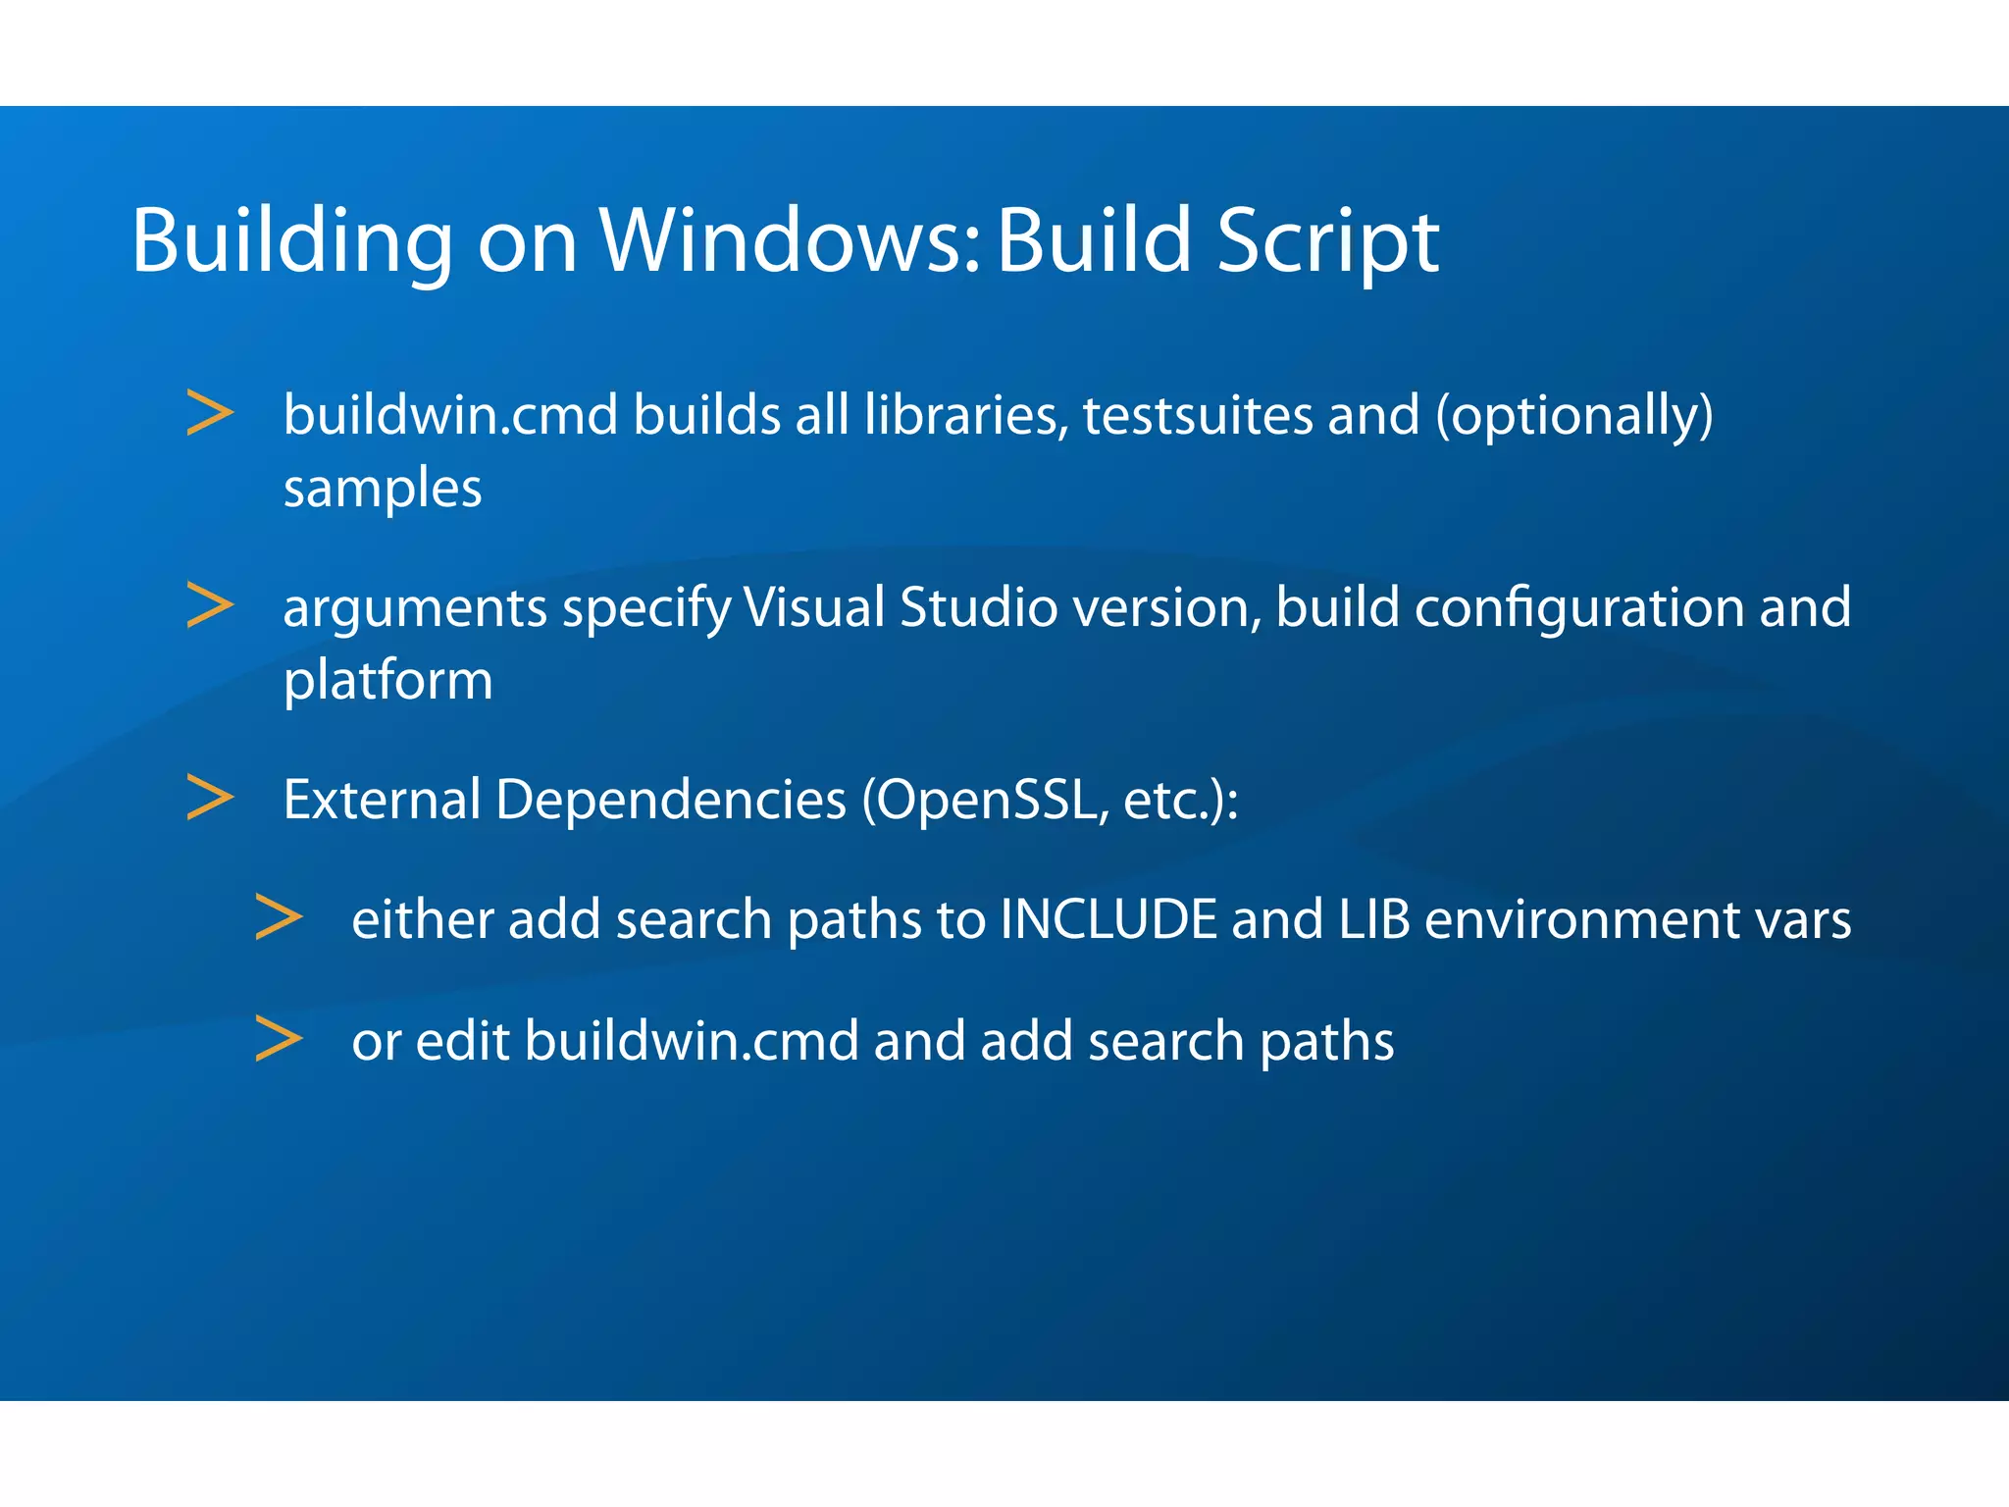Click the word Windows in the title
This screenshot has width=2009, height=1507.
(x=790, y=240)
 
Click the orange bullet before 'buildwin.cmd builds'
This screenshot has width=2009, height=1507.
(x=210, y=413)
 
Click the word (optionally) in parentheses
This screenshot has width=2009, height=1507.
(x=1574, y=416)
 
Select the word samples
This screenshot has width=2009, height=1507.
(x=383, y=488)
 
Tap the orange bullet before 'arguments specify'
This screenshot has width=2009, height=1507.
(x=210, y=605)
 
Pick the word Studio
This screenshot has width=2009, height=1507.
(x=978, y=606)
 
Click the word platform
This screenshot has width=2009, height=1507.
(x=387, y=680)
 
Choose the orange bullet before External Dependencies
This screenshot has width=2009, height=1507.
(x=210, y=798)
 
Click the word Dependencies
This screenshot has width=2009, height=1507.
(x=670, y=800)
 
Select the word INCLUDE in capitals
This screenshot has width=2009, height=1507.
(x=1108, y=919)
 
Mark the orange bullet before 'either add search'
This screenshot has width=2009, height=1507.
(x=279, y=917)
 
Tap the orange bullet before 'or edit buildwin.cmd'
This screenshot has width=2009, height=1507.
(x=279, y=1039)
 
